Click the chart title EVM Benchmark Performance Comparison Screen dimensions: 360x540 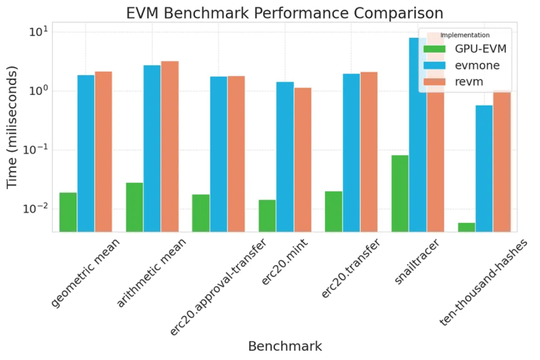[x=284, y=13]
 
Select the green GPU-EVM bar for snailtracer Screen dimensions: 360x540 [x=399, y=193]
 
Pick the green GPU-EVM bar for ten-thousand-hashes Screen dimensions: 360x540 [x=466, y=227]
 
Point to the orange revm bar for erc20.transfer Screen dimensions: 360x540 [x=369, y=152]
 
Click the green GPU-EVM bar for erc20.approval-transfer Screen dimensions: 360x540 [x=200, y=213]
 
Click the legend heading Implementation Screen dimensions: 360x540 [x=465, y=34]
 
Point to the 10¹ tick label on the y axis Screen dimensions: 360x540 [x=38, y=32]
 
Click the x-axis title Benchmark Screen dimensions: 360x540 [x=285, y=346]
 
